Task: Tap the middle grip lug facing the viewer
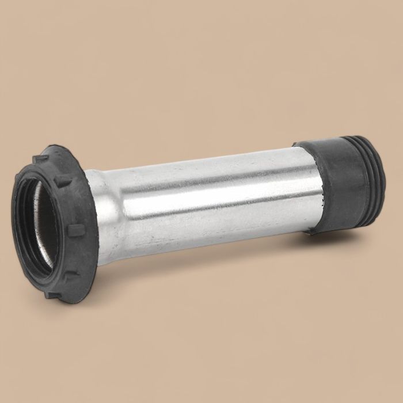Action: coord(73,231)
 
